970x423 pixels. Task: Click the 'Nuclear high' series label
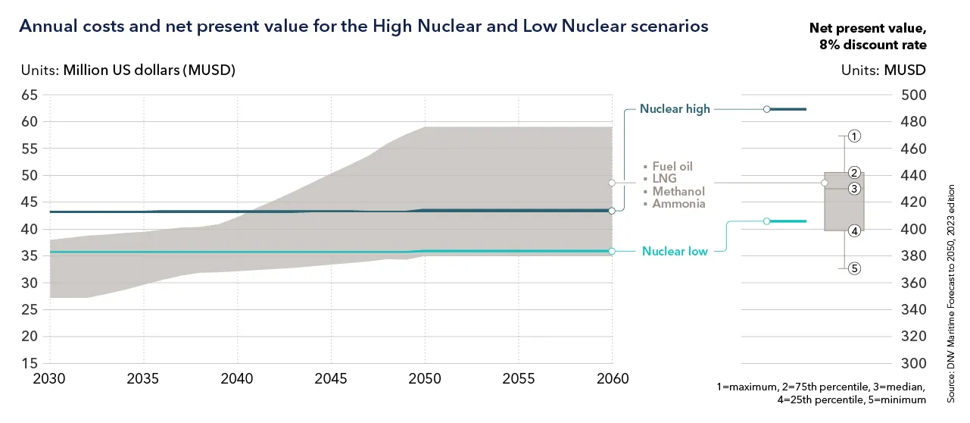pyautogui.click(x=675, y=109)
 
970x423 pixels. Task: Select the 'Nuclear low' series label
pyautogui.click(x=675, y=251)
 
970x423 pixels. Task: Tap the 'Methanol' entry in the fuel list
pyautogui.click(x=678, y=192)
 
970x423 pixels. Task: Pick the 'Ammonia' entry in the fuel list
pyautogui.click(x=678, y=204)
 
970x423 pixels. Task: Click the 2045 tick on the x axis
pyautogui.click(x=331, y=378)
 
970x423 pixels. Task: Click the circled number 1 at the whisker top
pyautogui.click(x=853, y=136)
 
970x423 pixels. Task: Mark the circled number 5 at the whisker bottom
pyautogui.click(x=853, y=268)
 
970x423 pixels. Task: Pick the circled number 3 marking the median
pyautogui.click(x=853, y=189)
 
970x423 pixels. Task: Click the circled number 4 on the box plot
pyautogui.click(x=853, y=231)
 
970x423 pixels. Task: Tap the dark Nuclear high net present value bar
pyautogui.click(x=788, y=110)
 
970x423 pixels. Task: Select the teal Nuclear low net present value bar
pyautogui.click(x=788, y=221)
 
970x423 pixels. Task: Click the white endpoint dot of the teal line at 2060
pyautogui.click(x=612, y=251)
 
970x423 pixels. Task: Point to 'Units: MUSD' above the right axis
pyautogui.click(x=883, y=70)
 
